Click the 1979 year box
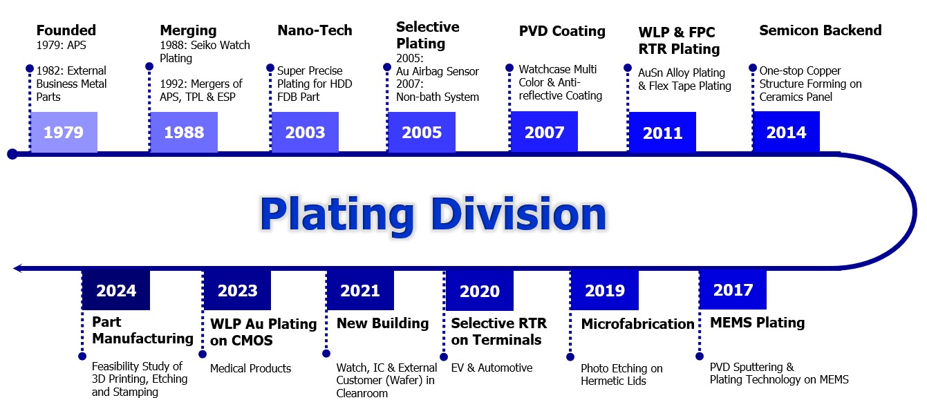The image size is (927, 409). click(x=64, y=132)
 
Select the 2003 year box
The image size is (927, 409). click(x=305, y=132)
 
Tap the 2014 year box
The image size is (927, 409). click(x=786, y=132)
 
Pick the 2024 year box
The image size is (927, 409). click(x=116, y=290)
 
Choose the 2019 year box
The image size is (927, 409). click(x=605, y=290)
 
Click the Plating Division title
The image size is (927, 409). click(x=433, y=214)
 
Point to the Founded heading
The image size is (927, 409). click(x=66, y=30)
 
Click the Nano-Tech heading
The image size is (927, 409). click(x=315, y=30)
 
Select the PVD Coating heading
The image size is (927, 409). click(x=562, y=31)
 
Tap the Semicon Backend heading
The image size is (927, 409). click(x=821, y=30)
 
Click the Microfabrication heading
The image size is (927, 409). click(x=638, y=324)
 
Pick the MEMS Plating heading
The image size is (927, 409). click(x=758, y=323)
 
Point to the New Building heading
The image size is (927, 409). click(x=382, y=323)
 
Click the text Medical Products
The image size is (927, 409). click(x=250, y=368)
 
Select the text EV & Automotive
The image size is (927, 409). click(x=491, y=368)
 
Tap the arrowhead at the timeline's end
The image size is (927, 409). click(x=17, y=269)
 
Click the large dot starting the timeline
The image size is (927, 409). click(x=12, y=154)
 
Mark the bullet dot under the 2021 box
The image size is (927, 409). click(x=326, y=354)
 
